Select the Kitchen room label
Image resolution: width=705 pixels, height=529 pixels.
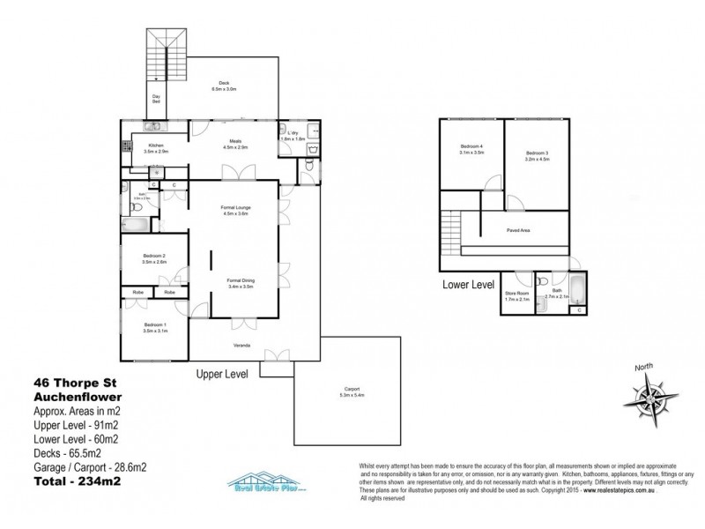click(156, 147)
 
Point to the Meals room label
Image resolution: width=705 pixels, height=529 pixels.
click(235, 143)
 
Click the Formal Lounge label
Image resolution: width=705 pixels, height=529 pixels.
click(234, 210)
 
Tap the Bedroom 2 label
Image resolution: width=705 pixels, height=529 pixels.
click(154, 258)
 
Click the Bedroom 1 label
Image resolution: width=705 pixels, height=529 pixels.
click(154, 326)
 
